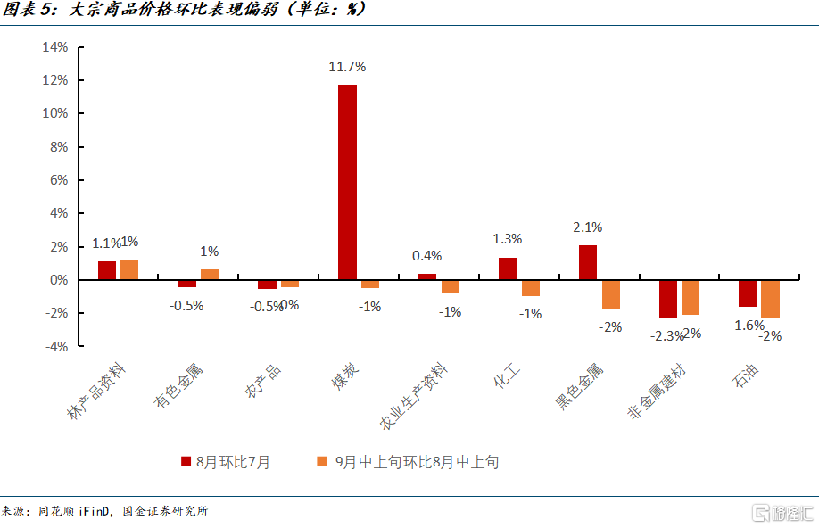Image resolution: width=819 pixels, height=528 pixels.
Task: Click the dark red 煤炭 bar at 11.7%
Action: (347, 182)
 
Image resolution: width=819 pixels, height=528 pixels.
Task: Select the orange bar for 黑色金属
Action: (610, 294)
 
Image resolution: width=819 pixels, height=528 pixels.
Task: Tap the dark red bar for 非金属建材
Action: (667, 299)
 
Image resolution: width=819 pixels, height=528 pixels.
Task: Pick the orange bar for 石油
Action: (771, 299)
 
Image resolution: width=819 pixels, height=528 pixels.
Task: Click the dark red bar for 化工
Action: (508, 268)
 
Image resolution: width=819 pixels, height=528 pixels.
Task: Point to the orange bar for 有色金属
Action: (210, 275)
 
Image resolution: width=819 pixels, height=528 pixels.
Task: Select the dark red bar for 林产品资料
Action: (107, 270)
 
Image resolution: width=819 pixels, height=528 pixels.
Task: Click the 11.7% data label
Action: (347, 67)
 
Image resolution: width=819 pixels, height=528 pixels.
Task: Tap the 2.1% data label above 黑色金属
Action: (588, 227)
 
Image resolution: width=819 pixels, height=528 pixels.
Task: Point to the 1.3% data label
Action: (508, 239)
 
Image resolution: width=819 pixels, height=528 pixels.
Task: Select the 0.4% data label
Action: (427, 256)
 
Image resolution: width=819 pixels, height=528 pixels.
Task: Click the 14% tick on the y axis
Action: (55, 47)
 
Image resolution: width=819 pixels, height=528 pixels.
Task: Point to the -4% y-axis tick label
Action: (55, 346)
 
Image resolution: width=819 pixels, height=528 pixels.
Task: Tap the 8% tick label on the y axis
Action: (59, 147)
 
